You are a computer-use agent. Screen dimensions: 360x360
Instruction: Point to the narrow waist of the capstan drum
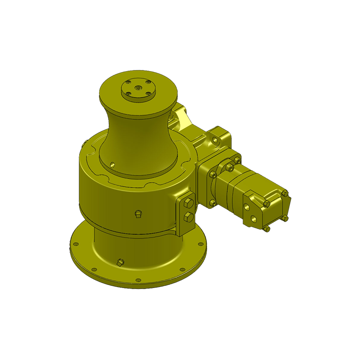pos(135,135)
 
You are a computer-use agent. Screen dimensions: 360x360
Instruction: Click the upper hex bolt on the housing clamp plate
pos(189,204)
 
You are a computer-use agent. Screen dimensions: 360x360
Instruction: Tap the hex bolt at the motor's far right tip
pos(285,194)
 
